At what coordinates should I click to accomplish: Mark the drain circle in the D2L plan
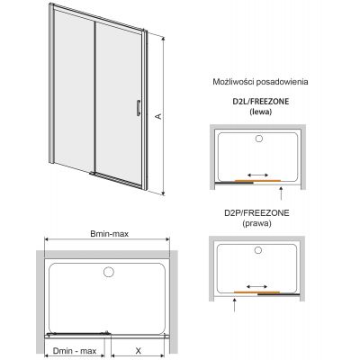260,139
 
